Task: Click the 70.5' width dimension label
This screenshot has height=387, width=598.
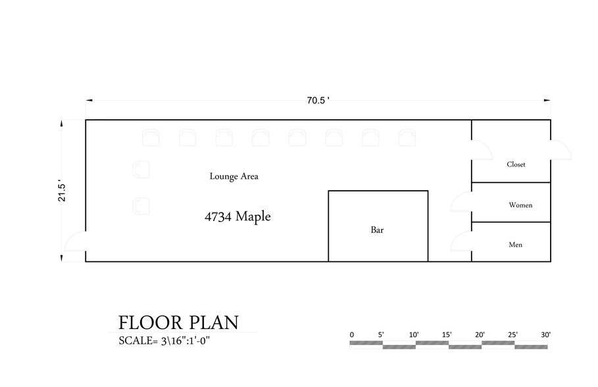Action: coord(318,101)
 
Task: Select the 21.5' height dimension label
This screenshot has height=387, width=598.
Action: coord(62,191)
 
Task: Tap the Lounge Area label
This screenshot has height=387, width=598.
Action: coord(234,176)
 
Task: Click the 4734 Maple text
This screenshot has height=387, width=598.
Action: coord(237,216)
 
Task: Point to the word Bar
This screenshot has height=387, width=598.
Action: coord(377,230)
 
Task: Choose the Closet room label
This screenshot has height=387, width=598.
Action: coord(516,165)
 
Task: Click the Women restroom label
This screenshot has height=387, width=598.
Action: coord(520,205)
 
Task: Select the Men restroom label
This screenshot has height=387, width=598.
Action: coord(516,245)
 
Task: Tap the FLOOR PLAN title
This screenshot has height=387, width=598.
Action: coord(178,322)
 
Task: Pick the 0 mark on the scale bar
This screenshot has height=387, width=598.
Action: coord(352,335)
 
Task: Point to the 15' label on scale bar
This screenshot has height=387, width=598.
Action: coord(447,335)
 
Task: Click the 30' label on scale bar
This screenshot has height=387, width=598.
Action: coord(545,335)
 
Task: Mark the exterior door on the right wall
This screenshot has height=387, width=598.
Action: coord(561,150)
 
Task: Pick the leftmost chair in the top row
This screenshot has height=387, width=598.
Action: coord(151,137)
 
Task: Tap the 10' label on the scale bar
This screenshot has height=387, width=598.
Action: coord(414,335)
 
